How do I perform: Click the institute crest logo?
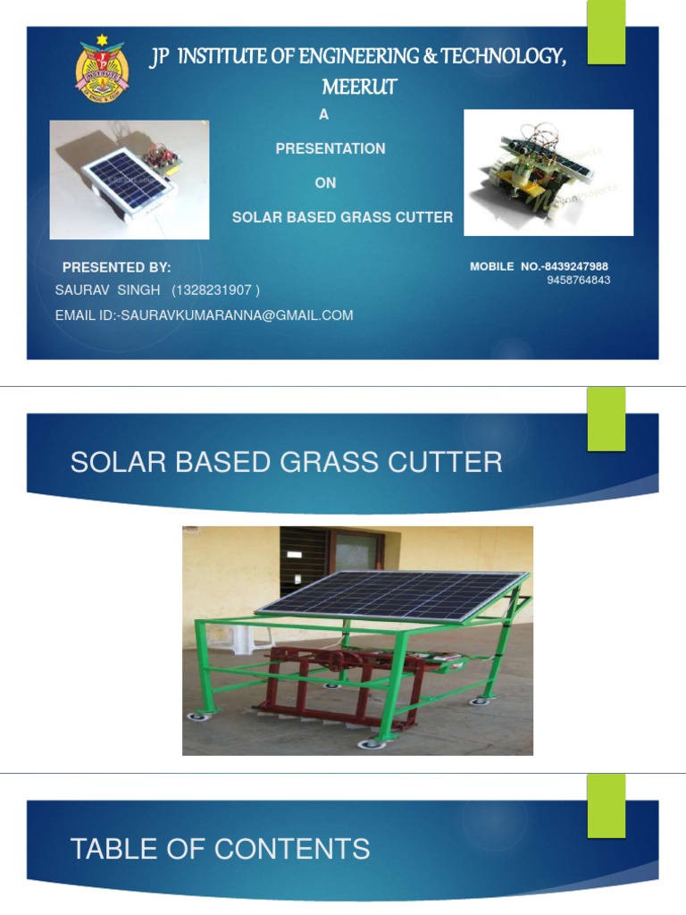coord(101,69)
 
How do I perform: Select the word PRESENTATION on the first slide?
coord(330,148)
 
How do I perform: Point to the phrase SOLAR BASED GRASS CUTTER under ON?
coord(342,217)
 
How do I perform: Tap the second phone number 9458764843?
coord(579,281)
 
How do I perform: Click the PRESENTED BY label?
coord(116,267)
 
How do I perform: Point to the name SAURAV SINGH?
coord(107,290)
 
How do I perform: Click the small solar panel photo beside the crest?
coord(129,180)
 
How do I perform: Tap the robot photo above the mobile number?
coord(548,172)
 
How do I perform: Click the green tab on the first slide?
coord(606,32)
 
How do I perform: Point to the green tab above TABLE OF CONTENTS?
coord(606,805)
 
